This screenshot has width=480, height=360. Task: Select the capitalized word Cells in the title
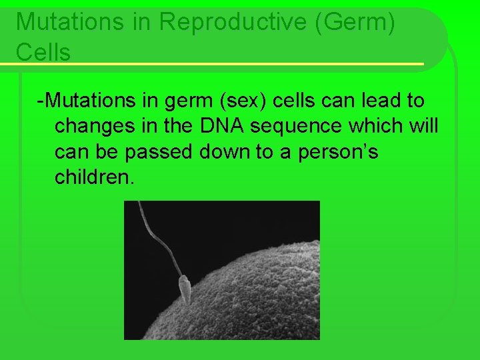click(x=43, y=52)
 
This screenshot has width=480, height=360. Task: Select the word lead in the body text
click(x=371, y=101)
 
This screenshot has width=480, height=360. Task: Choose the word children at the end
click(x=94, y=177)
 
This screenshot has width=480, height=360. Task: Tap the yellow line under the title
click(x=213, y=64)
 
